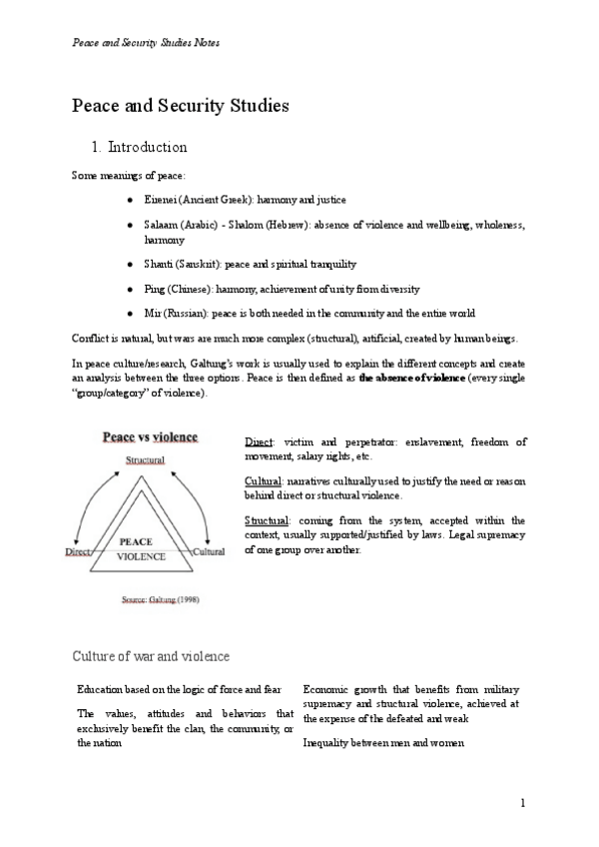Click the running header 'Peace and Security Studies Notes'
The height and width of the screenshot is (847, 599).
[x=146, y=43]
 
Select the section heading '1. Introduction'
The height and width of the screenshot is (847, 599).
[x=139, y=147]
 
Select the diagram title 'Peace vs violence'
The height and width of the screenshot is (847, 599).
[x=150, y=436]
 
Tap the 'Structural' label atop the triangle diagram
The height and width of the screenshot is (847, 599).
[x=145, y=460]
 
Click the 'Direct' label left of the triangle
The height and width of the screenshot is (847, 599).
[x=79, y=550]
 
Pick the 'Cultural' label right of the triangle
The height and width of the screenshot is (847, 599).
[x=209, y=550]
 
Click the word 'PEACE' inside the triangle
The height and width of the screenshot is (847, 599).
[x=136, y=540]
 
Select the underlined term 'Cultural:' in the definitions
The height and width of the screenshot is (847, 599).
[x=264, y=480]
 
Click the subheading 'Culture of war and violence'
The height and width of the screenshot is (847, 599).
[x=151, y=656]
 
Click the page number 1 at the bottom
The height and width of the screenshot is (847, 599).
[x=523, y=804]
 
